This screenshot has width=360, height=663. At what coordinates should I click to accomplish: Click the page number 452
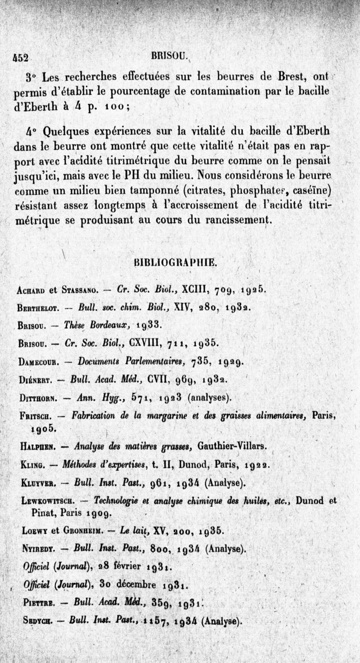[x=20, y=58]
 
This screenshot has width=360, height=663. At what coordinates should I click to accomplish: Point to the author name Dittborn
[x=38, y=397]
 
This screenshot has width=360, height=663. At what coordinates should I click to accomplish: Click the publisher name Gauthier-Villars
[x=231, y=447]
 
